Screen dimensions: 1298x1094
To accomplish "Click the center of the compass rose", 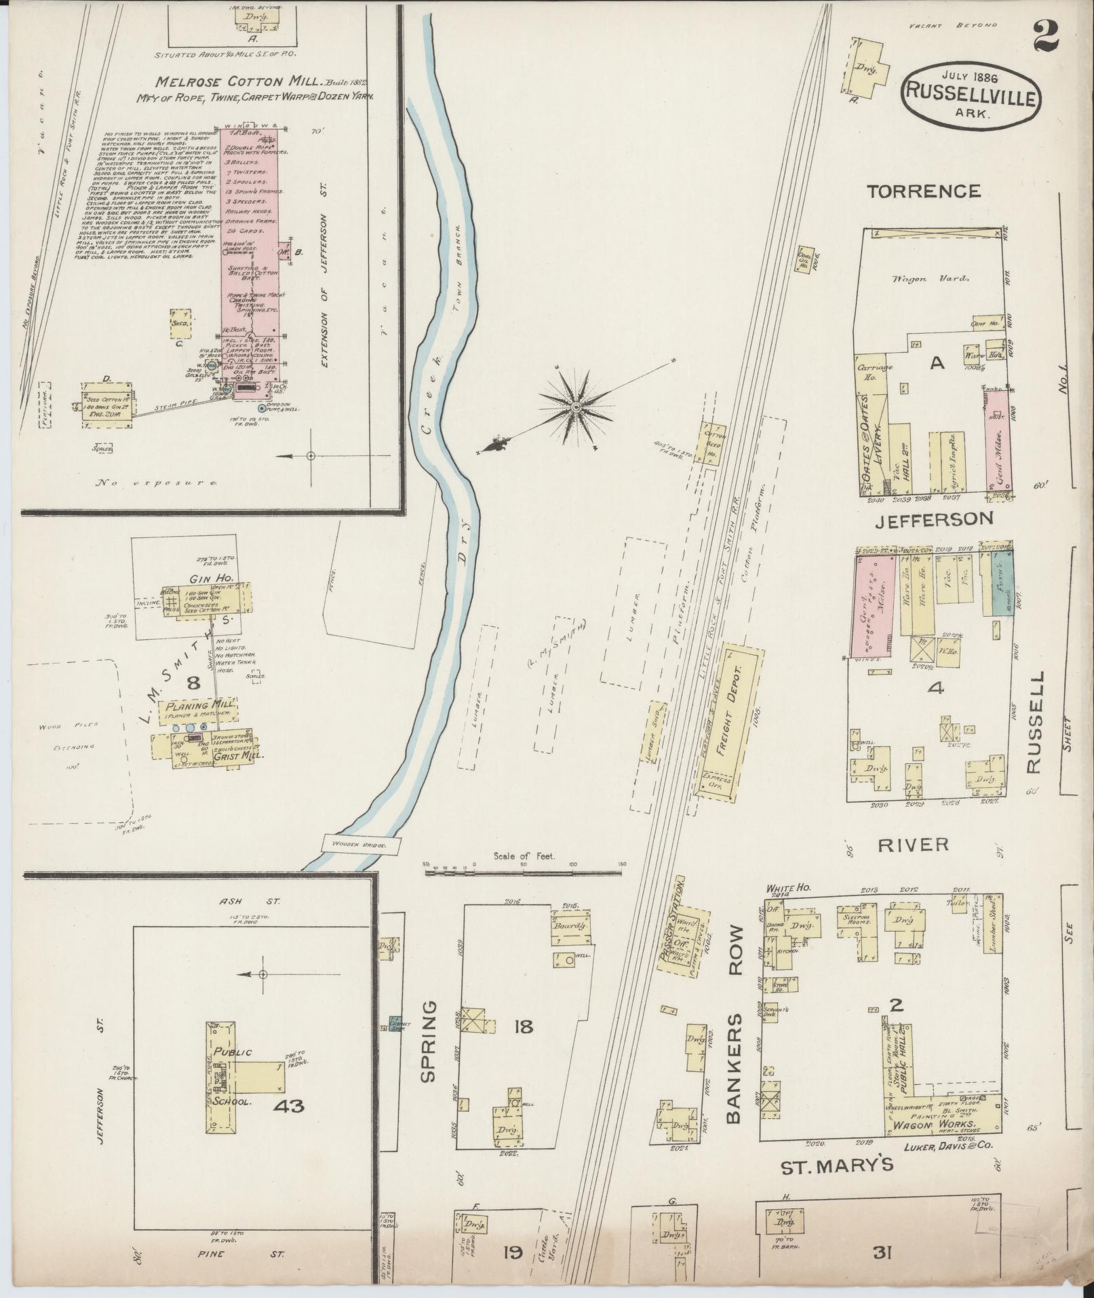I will tap(577, 407).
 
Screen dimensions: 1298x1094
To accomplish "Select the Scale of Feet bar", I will tap(524, 870).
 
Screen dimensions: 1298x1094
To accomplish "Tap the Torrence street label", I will tap(924, 191).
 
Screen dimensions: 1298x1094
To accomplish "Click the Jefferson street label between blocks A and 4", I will tap(933, 519).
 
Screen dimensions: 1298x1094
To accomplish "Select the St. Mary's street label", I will tap(837, 1166).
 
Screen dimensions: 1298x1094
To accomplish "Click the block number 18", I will tap(523, 1027).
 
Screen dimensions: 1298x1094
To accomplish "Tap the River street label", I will tap(912, 844).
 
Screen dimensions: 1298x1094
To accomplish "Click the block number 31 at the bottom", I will tap(882, 1253).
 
